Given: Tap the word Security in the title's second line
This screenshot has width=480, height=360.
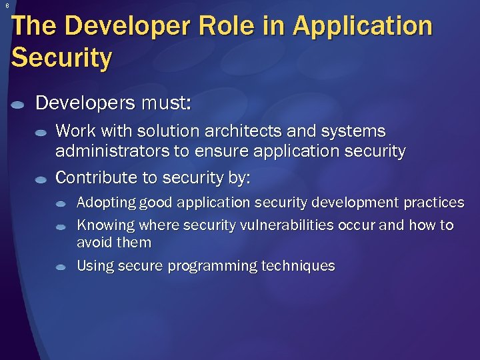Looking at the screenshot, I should pyautogui.click(x=61, y=57).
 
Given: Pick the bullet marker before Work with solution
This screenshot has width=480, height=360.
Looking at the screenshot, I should pyautogui.click(x=41, y=133).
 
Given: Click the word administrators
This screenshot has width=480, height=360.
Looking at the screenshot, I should pyautogui.click(x=113, y=151).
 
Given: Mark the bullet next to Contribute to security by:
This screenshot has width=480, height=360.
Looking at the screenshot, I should pyautogui.click(x=41, y=180).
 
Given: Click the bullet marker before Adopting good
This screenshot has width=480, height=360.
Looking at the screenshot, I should pyautogui.click(x=61, y=203).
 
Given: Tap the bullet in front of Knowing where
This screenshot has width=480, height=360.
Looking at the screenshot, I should pyautogui.click(x=61, y=227).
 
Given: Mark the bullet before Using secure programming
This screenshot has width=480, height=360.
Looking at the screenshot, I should pyautogui.click(x=61, y=267).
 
